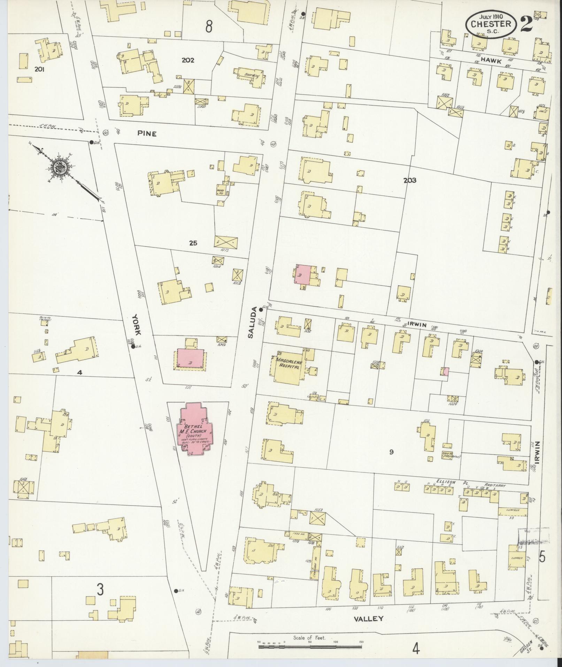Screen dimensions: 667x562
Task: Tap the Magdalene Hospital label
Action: (x=288, y=363)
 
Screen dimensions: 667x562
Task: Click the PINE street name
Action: (x=147, y=133)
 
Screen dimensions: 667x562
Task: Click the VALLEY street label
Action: (x=369, y=619)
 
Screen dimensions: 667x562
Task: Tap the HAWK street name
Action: (x=491, y=61)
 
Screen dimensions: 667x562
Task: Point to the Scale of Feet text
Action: (x=309, y=638)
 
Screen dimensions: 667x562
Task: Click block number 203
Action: (x=410, y=181)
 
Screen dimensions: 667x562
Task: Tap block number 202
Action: (x=188, y=60)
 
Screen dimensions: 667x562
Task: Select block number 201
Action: (x=39, y=69)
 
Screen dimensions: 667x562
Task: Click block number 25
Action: (x=193, y=243)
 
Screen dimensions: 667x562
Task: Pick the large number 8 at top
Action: (x=209, y=26)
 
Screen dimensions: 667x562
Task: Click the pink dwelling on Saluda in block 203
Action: (x=303, y=274)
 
